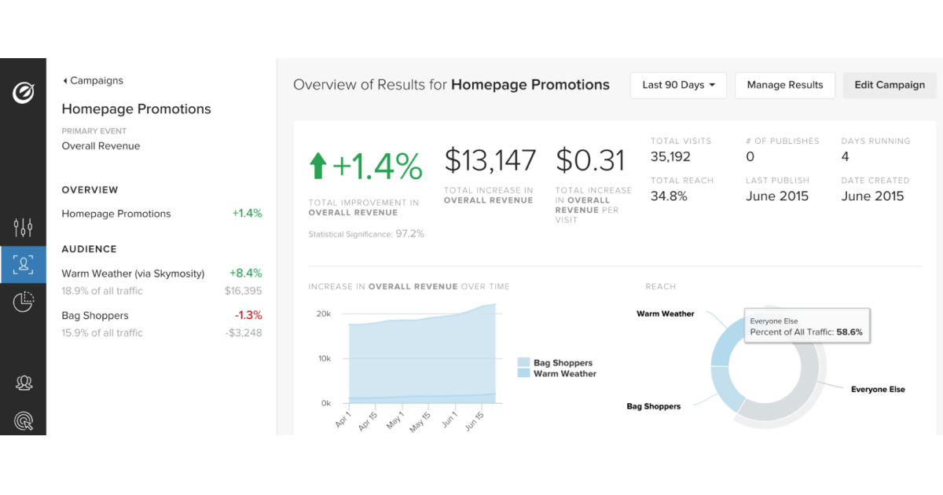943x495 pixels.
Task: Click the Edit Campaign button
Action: [x=890, y=85]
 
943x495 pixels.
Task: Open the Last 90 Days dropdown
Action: [x=678, y=85]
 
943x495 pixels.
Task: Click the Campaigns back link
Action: [x=93, y=80]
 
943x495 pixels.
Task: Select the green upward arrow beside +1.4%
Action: [x=317, y=166]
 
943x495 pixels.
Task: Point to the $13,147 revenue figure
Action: [x=490, y=160]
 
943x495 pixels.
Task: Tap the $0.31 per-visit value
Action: [x=590, y=160]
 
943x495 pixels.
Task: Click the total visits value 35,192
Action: [x=670, y=156]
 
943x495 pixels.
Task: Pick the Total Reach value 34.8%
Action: [x=669, y=196]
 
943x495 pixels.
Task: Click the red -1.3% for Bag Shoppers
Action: [x=248, y=315]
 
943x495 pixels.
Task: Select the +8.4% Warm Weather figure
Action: [x=246, y=273]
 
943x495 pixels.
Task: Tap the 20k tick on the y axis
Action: [x=324, y=313]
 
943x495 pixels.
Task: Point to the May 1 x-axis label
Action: [x=396, y=421]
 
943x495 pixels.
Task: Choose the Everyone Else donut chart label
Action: [x=878, y=389]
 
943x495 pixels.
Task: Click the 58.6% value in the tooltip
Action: [x=849, y=332]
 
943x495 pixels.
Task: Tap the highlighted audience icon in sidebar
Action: [x=24, y=265]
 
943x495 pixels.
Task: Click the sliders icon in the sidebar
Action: [x=24, y=228]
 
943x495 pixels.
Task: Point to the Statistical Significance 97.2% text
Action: [x=366, y=234]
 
